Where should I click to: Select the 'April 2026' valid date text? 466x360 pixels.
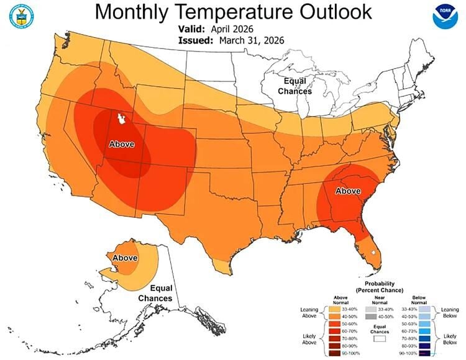[x=236, y=29]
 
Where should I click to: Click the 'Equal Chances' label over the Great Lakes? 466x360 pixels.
[x=295, y=86]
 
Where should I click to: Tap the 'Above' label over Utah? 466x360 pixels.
[x=122, y=144]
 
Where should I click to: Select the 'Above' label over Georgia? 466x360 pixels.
[x=348, y=191]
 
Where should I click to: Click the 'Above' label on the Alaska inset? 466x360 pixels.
[x=125, y=258]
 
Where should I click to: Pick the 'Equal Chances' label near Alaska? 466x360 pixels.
[x=155, y=293]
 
